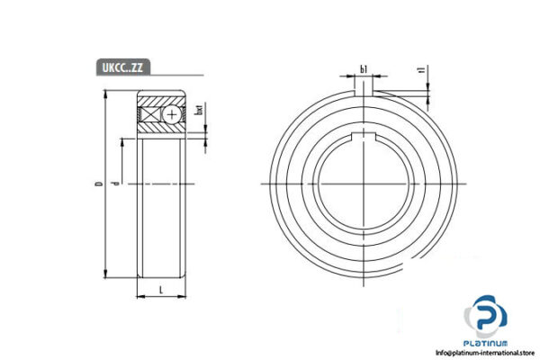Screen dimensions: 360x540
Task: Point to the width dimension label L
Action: (160, 288)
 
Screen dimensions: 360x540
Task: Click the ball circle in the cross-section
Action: (172, 115)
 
